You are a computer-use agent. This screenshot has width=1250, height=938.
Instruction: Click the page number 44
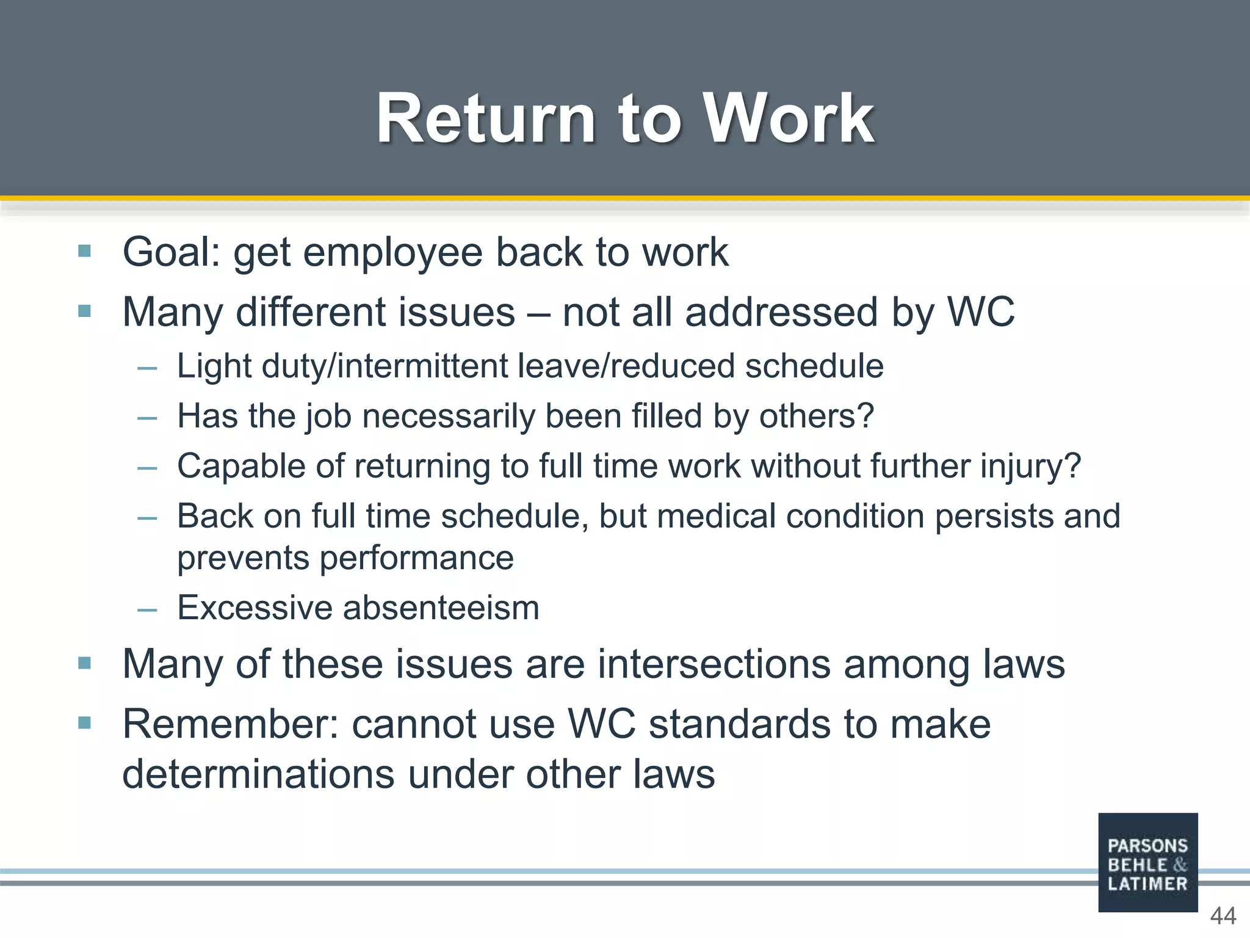[x=1223, y=916]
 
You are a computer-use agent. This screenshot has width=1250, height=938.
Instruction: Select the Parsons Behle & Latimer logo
[x=1147, y=862]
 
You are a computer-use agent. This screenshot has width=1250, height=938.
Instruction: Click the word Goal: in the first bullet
[x=172, y=252]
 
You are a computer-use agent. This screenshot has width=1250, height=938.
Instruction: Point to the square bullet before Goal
[x=85, y=251]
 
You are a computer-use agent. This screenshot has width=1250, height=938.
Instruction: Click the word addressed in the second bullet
[x=781, y=312]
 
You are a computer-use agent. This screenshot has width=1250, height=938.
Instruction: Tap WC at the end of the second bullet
[x=981, y=312]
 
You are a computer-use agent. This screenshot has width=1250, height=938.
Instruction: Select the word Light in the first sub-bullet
[x=214, y=366]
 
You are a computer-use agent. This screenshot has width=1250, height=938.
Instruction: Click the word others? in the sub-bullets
[x=816, y=416]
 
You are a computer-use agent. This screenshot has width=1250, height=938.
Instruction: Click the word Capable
[x=241, y=467]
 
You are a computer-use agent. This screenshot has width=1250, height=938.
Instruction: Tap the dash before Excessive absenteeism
[x=148, y=609]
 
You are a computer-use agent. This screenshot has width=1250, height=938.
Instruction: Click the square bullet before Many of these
[x=85, y=663]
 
